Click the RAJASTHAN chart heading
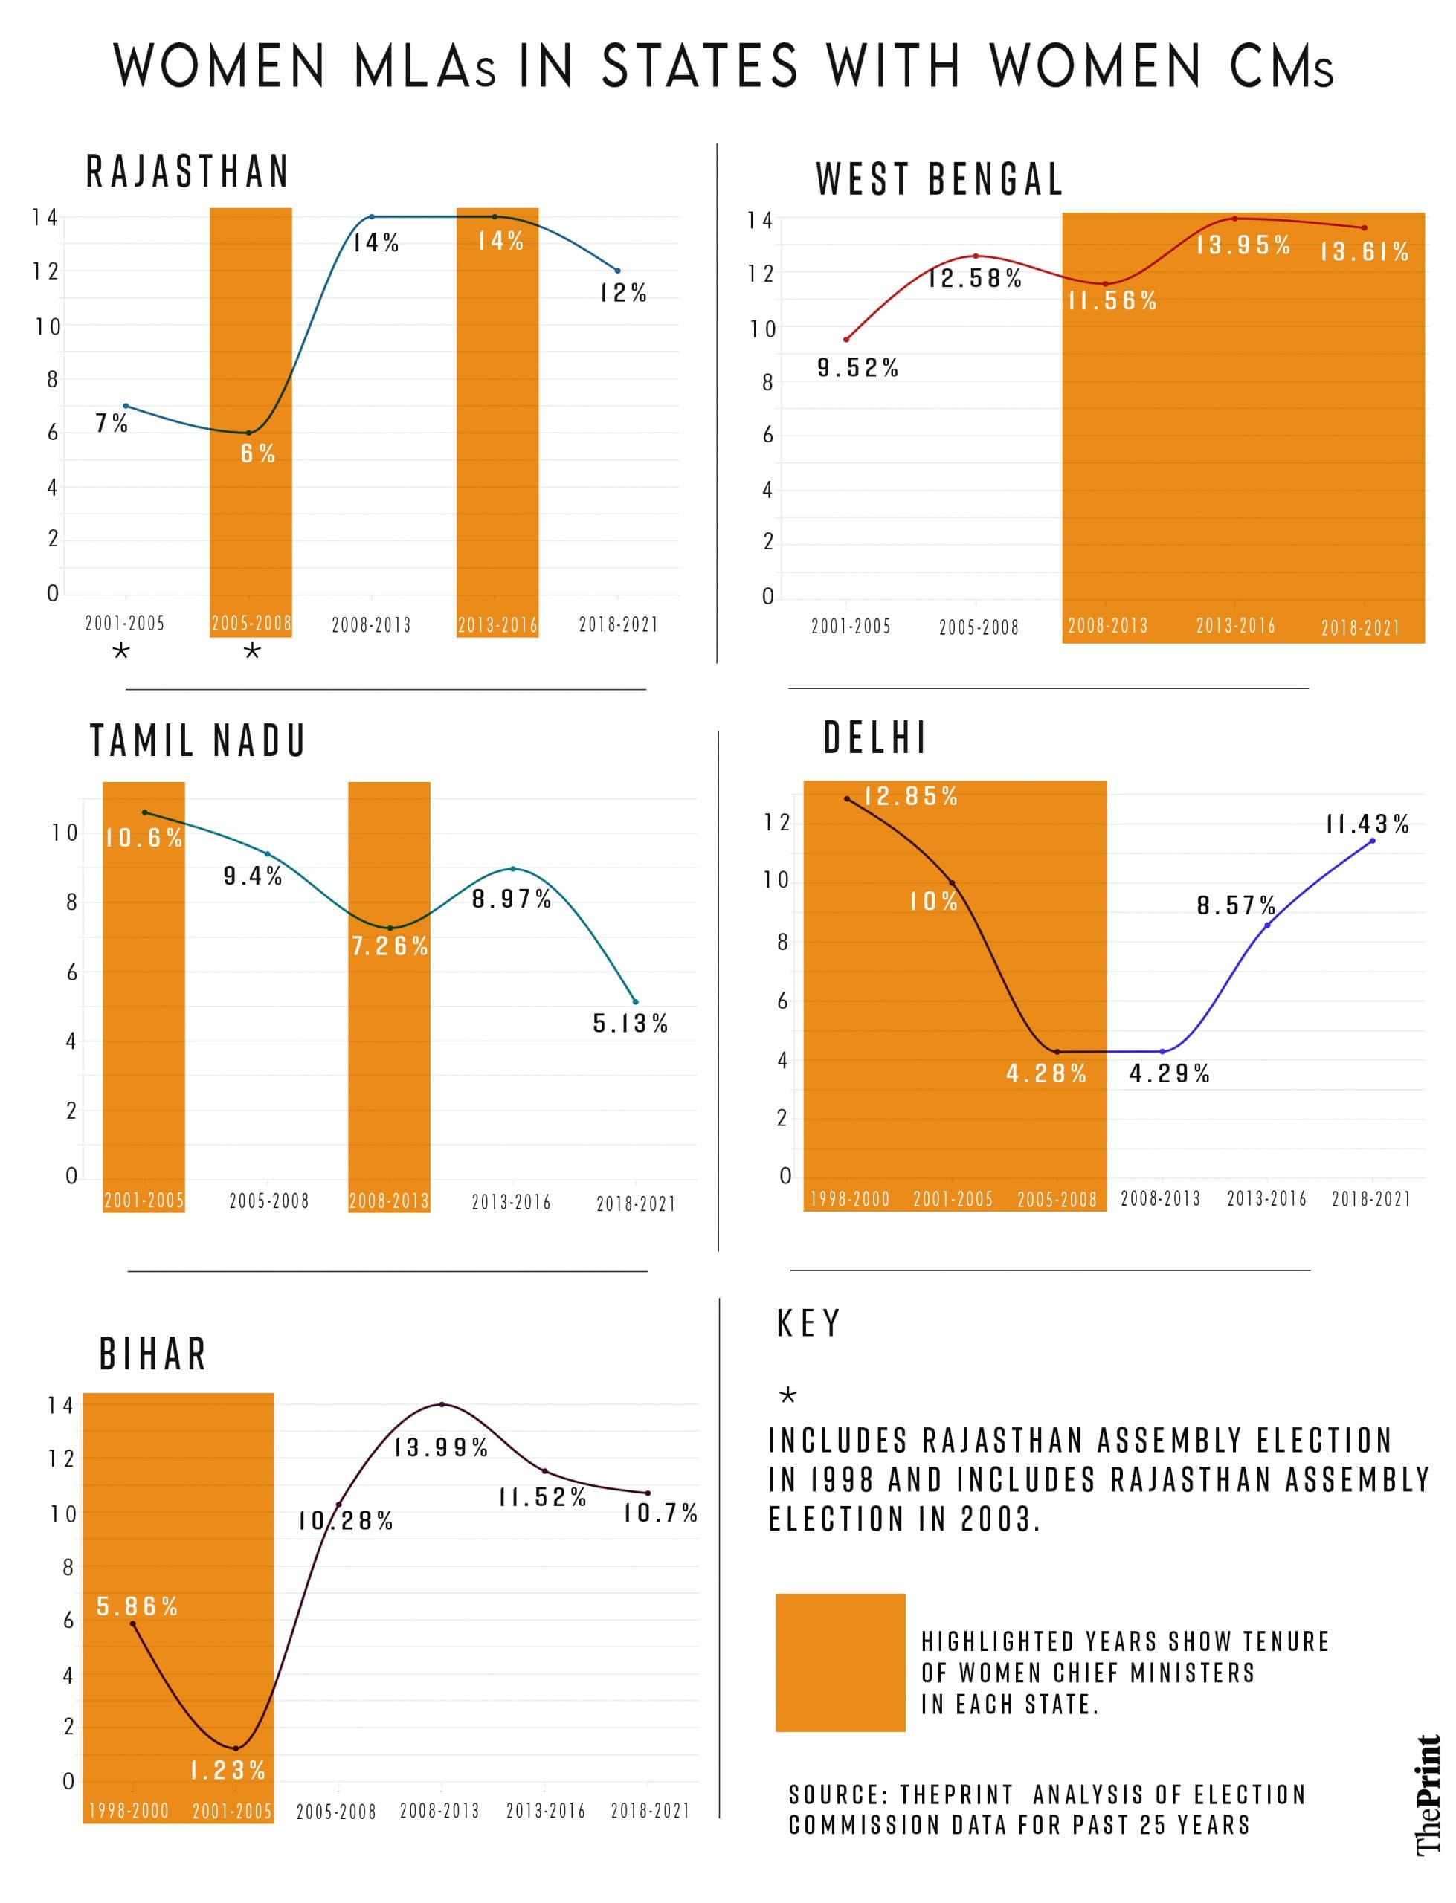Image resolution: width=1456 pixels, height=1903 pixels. click(x=187, y=172)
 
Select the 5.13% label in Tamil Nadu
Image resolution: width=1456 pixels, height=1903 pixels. click(x=630, y=1024)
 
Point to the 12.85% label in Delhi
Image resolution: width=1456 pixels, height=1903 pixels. click(x=911, y=796)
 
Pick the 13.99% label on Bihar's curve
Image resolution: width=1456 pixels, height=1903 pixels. click(x=441, y=1447)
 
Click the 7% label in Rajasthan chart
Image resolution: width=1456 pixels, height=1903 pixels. click(x=111, y=424)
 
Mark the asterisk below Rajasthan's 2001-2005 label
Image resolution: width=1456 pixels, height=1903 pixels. click(x=121, y=651)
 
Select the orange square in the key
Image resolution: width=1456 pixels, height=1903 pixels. click(x=840, y=1662)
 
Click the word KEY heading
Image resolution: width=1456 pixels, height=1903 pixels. click(x=808, y=1323)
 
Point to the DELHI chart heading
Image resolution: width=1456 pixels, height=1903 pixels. click(x=874, y=738)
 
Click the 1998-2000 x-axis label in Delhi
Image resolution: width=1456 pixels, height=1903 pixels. click(x=849, y=1200)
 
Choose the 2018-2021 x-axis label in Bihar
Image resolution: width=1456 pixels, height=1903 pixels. click(x=650, y=1810)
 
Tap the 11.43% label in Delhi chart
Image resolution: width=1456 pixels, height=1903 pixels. click(x=1367, y=824)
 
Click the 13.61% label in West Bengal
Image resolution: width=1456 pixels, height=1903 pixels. click(x=1364, y=252)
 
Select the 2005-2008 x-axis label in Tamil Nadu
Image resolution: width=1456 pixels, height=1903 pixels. click(x=268, y=1201)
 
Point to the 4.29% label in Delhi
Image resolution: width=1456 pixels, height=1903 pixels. click(x=1168, y=1074)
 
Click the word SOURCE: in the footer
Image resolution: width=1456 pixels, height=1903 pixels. click(x=838, y=1794)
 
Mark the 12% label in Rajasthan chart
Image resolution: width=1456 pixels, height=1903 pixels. click(x=623, y=294)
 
